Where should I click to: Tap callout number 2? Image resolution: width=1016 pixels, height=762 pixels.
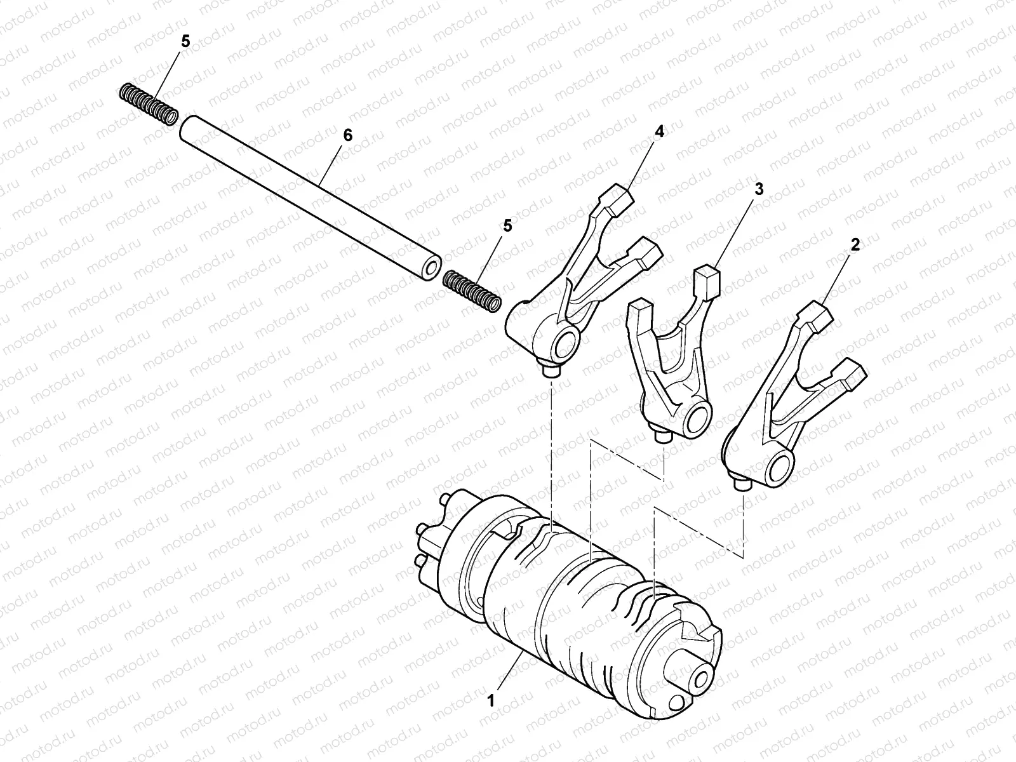click(855, 245)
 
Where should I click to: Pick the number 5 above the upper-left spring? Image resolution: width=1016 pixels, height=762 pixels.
click(185, 41)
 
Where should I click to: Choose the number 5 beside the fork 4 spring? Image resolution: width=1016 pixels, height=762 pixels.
click(507, 226)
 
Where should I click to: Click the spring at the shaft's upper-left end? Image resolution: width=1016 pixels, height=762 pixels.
click(149, 104)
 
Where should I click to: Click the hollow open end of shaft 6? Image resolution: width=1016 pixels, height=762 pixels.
click(431, 267)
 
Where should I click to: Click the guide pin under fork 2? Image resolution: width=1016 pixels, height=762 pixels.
click(742, 485)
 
